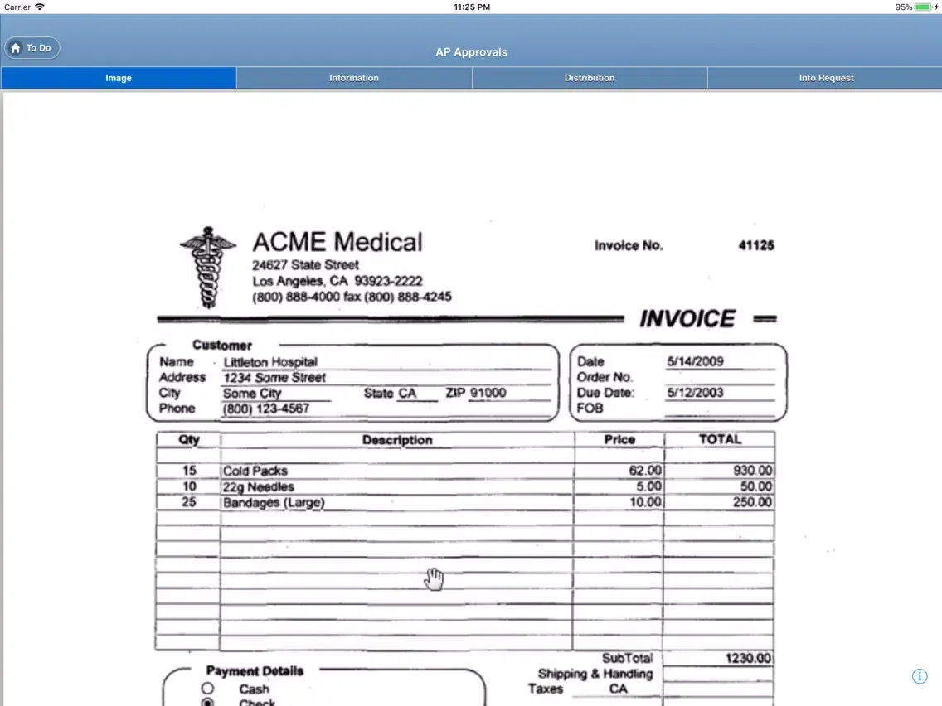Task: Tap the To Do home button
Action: [32, 48]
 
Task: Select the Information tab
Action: [354, 78]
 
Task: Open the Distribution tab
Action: [590, 78]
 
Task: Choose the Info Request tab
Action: [826, 78]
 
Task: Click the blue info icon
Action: [920, 676]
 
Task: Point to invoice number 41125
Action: [755, 245]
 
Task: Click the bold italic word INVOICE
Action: [687, 319]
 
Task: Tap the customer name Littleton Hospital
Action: [270, 362]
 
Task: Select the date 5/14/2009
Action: [695, 361]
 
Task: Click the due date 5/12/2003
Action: [695, 393]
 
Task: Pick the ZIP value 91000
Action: [488, 393]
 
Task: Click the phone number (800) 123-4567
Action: [266, 409]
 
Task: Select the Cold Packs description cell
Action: [255, 471]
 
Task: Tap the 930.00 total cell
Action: [752, 471]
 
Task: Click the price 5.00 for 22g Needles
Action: [648, 486]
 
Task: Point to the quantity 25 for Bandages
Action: [189, 502]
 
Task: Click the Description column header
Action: [397, 440]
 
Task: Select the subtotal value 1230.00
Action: [749, 659]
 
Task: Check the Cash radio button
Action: [207, 689]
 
